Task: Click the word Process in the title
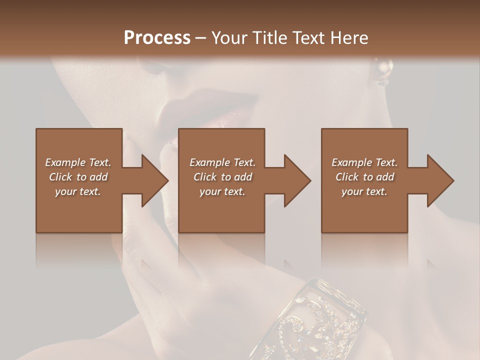coord(157,38)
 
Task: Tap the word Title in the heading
coord(271,38)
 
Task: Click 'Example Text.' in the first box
coord(78,162)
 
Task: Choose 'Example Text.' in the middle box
coord(222,162)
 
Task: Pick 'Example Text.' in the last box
coord(364,162)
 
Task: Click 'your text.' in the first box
coord(78,191)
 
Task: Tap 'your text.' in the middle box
coord(222,191)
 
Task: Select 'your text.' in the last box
coord(364,191)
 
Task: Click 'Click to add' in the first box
coord(78,177)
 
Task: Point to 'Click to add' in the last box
coord(364,177)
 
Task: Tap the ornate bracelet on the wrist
coord(320,320)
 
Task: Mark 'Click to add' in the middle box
coord(222,177)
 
